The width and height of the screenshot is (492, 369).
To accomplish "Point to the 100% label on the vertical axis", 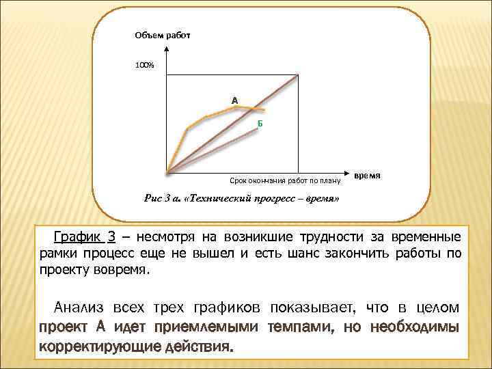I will (144, 65).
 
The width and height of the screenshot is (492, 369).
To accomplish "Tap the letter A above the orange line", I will (234, 100).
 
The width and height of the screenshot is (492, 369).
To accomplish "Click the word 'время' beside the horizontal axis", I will (368, 176).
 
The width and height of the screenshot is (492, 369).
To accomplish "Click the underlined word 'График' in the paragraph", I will (77, 237).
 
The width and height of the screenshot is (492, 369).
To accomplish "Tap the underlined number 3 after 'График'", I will (109, 237).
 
